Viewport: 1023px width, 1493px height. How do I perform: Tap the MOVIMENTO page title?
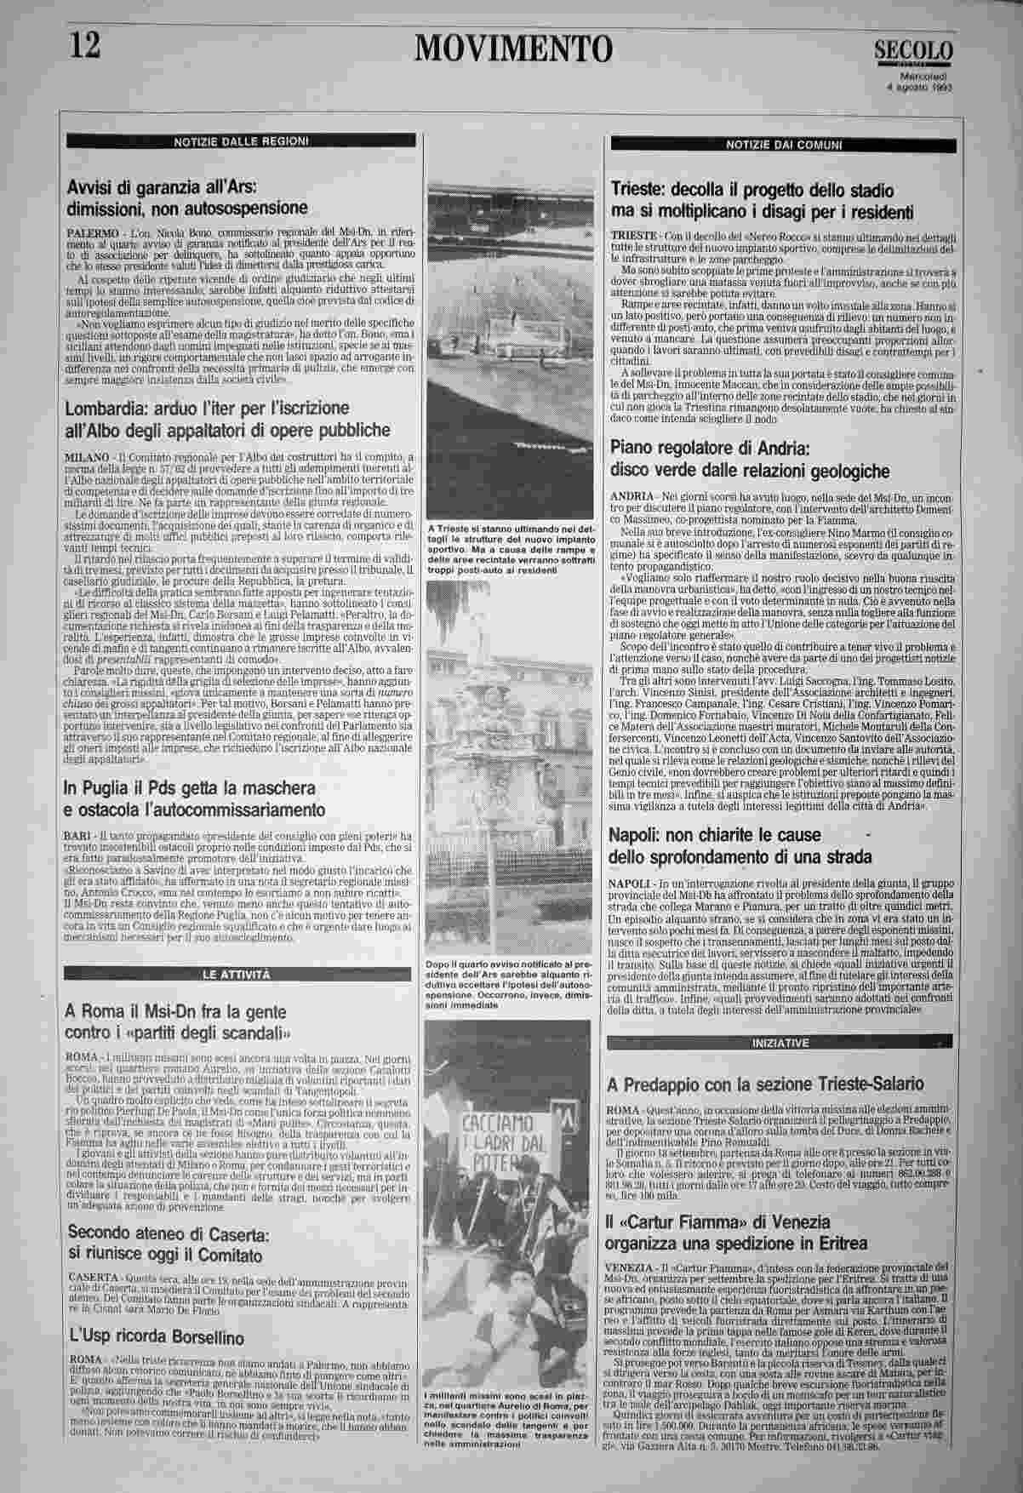[513, 49]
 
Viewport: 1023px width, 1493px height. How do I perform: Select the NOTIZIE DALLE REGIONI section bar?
[241, 140]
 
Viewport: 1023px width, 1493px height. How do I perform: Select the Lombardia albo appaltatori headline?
[228, 419]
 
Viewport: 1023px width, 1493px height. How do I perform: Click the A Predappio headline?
[764, 1084]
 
